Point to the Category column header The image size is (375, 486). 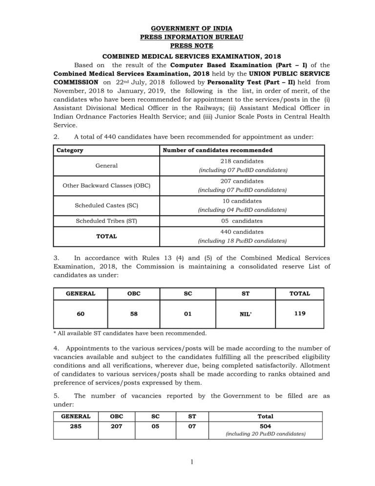coord(70,150)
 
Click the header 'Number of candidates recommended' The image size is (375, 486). coord(217,150)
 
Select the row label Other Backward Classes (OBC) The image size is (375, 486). coord(106,185)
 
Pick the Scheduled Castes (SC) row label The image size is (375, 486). coord(106,205)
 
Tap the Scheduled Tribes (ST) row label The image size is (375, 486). coord(106,221)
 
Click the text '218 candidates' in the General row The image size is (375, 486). coord(242,161)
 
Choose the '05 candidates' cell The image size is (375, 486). coord(242,221)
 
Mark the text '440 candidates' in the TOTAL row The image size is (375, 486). coord(242,232)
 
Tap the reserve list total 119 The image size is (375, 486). coord(300,314)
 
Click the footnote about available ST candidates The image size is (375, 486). coord(130,334)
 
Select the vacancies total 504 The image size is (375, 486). coord(265,426)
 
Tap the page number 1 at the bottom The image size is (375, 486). coord(192,463)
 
